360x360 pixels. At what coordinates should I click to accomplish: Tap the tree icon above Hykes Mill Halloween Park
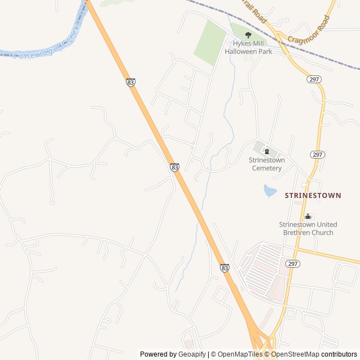pyautogui.click(x=248, y=35)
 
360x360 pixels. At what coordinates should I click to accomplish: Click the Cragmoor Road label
pyautogui.click(x=309, y=32)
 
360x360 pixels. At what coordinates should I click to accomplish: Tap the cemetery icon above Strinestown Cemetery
pyautogui.click(x=267, y=151)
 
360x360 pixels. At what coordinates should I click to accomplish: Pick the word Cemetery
pyautogui.click(x=267, y=168)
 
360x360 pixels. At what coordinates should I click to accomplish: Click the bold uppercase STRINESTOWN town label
pyautogui.click(x=313, y=195)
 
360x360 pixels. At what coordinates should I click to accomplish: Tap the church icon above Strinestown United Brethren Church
pyautogui.click(x=308, y=216)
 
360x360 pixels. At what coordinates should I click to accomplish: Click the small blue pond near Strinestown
pyautogui.click(x=270, y=191)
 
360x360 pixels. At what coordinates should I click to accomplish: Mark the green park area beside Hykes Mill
pyautogui.click(x=210, y=43)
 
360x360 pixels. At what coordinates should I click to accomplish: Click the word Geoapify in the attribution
pyautogui.click(x=192, y=354)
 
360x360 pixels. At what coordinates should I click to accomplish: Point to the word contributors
pyautogui.click(x=339, y=354)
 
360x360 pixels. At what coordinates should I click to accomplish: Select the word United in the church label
pyautogui.click(x=326, y=224)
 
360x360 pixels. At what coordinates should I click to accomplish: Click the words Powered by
pyautogui.click(x=158, y=354)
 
